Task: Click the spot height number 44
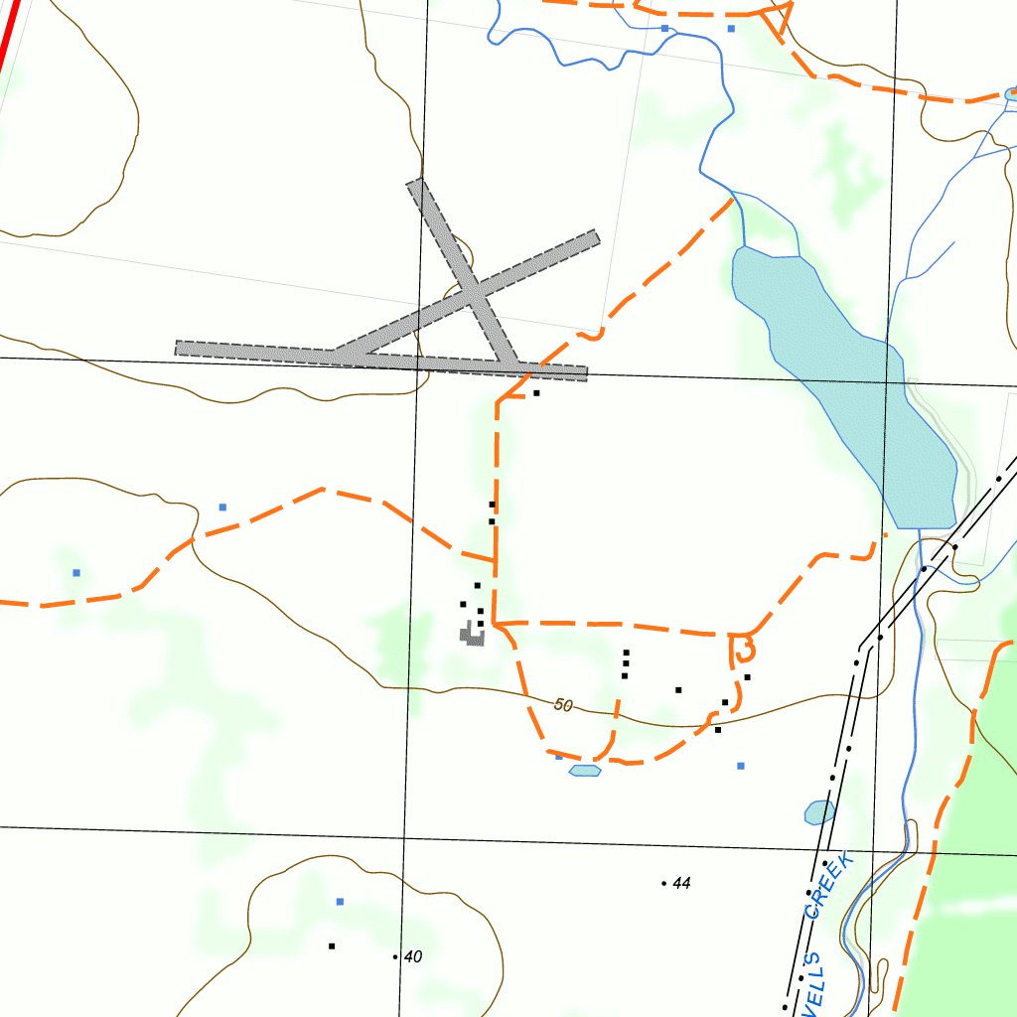click(681, 883)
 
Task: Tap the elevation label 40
click(413, 956)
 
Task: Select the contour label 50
click(564, 705)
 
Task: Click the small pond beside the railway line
click(819, 812)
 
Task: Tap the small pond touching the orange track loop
click(585, 770)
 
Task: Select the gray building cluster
click(471, 634)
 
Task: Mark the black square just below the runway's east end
click(536, 393)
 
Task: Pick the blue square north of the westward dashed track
click(222, 508)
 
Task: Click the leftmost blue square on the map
click(76, 573)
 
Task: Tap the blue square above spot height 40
click(340, 902)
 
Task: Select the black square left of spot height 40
click(332, 945)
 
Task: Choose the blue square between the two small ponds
click(740, 766)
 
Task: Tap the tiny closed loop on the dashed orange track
click(742, 650)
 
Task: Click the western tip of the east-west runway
click(179, 348)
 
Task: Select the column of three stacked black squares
click(626, 663)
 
